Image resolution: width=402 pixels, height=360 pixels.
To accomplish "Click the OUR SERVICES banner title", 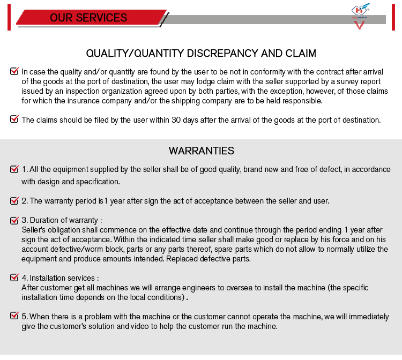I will pos(88,18).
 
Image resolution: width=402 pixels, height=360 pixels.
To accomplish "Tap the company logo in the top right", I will pos(360,16).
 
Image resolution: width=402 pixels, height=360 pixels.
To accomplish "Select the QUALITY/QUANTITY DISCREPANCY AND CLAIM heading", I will pos(201,54).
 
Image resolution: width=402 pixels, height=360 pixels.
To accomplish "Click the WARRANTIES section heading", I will pos(201,151).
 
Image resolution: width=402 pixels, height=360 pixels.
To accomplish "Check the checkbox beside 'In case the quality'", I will pos(14,71).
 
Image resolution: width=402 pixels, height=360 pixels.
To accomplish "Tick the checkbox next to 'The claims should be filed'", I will pos(14,119).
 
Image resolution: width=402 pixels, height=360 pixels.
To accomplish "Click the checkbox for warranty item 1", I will pos(14,169).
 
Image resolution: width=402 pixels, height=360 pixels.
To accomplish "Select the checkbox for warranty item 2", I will pos(14,201).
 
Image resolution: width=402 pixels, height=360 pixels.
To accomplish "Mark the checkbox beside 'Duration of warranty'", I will pos(14,220).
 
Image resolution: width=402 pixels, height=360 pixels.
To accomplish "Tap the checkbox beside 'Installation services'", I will pos(14,277).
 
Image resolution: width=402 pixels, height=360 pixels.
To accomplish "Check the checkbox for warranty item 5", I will pos(14,316).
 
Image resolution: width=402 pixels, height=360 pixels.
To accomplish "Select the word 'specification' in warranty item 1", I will pos(96,182).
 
